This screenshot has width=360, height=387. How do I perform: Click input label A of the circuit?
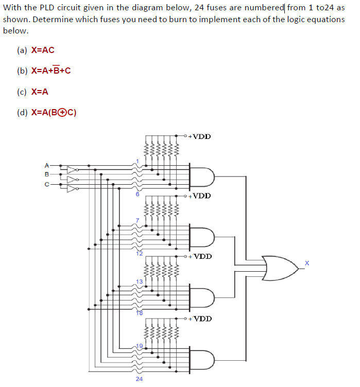pos(46,166)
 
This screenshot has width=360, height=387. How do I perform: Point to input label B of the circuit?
pos(46,174)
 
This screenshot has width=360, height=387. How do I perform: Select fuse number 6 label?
pos(138,195)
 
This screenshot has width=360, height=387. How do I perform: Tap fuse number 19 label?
pos(139,344)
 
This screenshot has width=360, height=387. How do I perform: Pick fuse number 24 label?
pos(139,379)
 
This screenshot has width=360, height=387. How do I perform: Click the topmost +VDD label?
pos(199,136)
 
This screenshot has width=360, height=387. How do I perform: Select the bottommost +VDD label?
pos(199,319)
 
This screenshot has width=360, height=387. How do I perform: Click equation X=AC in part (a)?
pos(43,50)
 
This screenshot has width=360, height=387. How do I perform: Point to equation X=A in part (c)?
pos(40,92)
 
